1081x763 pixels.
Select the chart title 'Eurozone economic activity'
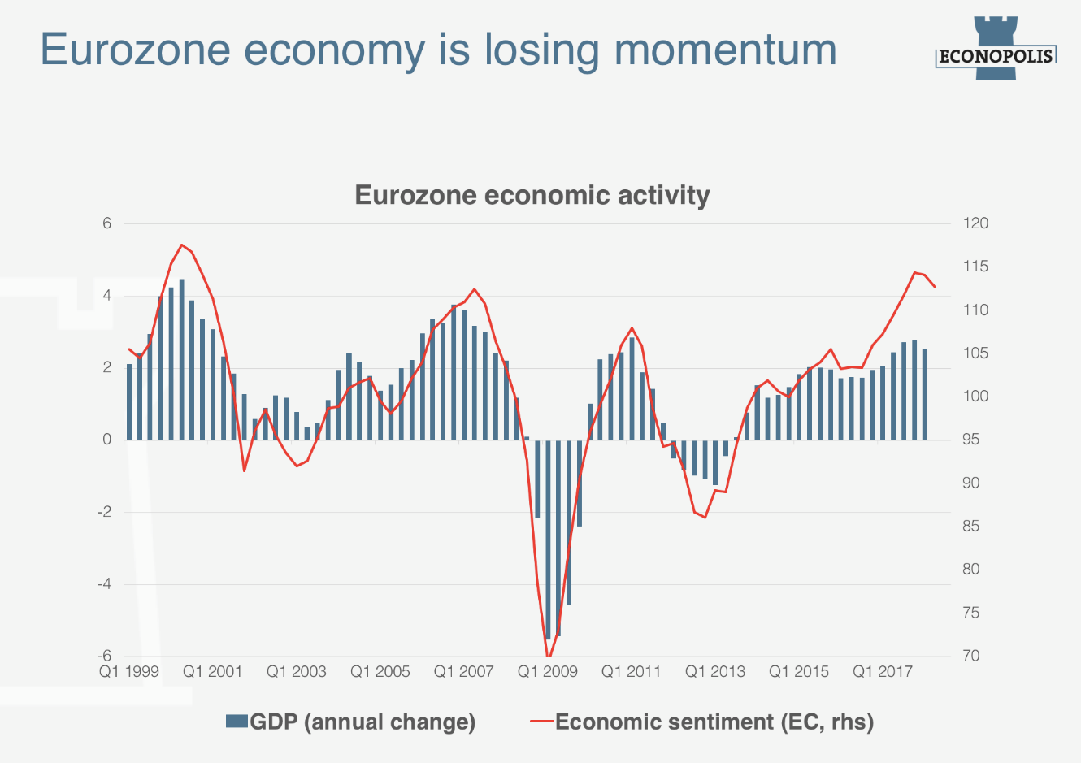click(532, 195)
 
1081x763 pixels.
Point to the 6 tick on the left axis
click(106, 223)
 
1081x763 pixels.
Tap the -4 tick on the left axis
click(105, 584)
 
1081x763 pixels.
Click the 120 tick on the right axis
click(975, 223)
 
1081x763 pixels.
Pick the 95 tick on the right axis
click(971, 440)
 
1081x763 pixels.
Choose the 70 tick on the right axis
click(971, 656)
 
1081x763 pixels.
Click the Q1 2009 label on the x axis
click(548, 672)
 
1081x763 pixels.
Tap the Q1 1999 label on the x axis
click(129, 672)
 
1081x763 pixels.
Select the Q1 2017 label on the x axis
click(883, 672)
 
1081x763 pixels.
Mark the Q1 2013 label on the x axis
click(715, 672)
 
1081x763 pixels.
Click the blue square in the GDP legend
click(237, 722)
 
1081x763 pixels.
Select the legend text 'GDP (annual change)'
click(363, 722)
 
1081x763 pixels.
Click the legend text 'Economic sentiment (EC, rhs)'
click(714, 722)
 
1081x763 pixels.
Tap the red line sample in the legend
click(541, 722)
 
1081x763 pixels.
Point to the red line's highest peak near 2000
click(181, 245)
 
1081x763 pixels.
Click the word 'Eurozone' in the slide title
click(136, 49)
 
